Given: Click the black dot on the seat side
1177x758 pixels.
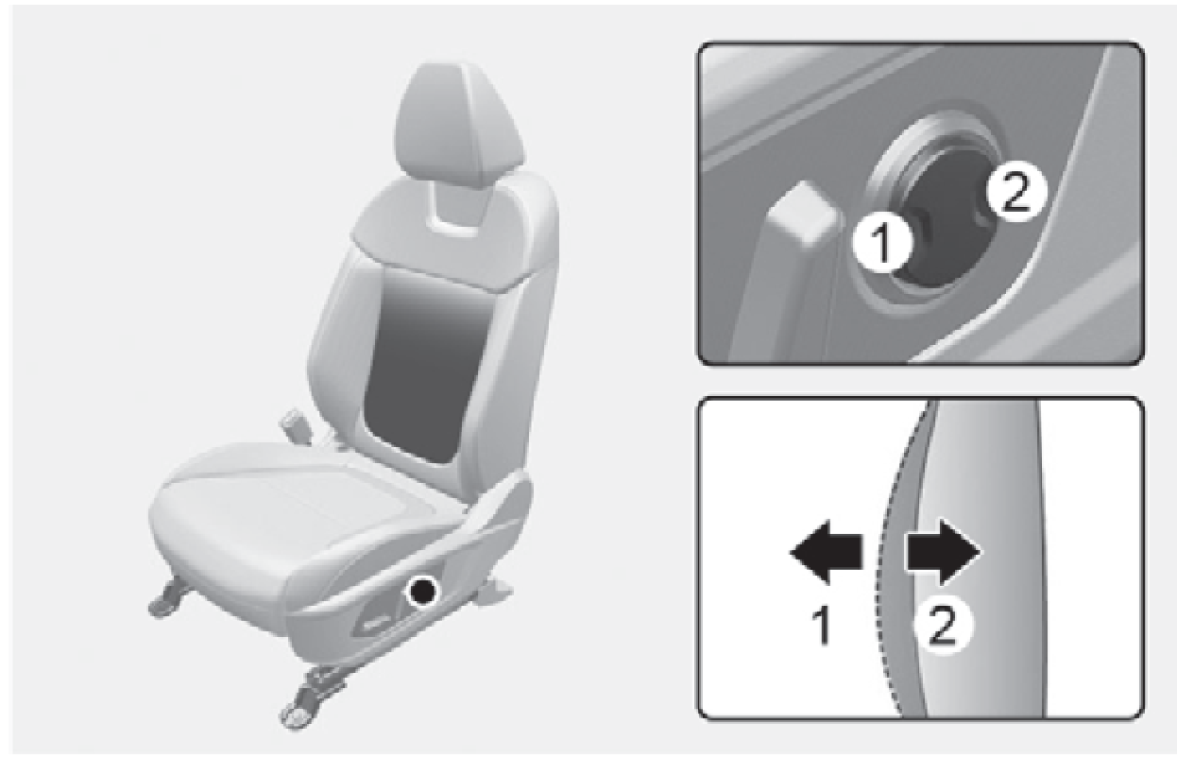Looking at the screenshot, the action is [422, 592].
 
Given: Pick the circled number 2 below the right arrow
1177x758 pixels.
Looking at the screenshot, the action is [943, 627].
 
